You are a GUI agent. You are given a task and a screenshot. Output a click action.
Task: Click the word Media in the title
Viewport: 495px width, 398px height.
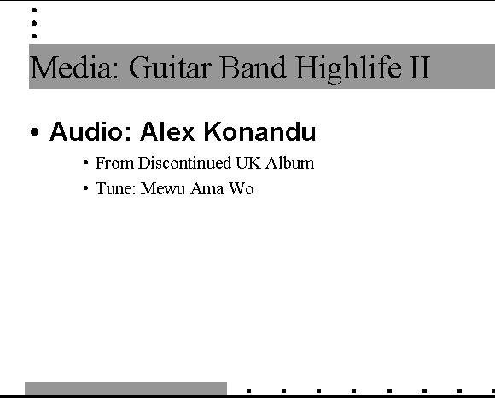(74, 67)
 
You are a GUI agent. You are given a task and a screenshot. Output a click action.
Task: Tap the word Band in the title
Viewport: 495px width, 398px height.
(253, 67)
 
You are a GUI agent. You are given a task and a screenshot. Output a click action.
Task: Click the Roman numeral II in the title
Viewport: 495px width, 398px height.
(420, 67)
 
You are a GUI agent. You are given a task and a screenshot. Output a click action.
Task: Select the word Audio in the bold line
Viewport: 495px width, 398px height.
(90, 131)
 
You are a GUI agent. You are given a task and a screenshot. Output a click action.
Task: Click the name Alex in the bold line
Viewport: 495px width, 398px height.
(167, 131)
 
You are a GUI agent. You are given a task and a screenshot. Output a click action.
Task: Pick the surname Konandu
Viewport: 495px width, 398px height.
(259, 131)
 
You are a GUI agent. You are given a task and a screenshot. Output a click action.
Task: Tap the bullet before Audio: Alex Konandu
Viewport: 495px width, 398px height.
(35, 132)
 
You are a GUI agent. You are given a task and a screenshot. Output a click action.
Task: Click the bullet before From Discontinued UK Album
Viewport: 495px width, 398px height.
(85, 164)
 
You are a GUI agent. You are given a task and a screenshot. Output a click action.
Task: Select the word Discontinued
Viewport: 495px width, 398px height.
(184, 163)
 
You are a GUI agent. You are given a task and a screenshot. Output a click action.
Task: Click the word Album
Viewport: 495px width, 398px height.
(290, 163)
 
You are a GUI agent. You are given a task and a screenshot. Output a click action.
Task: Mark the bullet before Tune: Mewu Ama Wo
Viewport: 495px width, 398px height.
(85, 188)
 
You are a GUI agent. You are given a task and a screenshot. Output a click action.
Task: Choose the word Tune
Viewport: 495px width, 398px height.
(115, 188)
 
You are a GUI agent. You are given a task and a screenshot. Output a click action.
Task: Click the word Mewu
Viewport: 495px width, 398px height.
(163, 188)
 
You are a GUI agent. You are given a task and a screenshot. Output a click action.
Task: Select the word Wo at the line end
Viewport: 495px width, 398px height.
(242, 188)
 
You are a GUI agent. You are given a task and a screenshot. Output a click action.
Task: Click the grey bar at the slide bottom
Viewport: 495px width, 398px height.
(125, 389)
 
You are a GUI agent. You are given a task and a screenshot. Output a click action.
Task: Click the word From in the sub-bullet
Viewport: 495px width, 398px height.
(114, 163)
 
